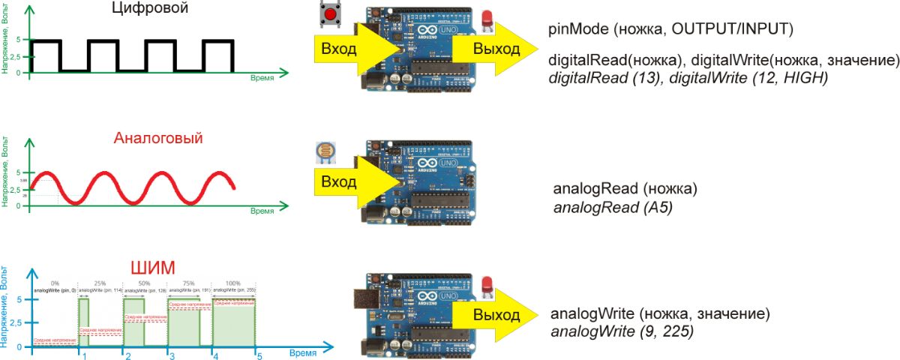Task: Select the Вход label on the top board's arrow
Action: pos(339,49)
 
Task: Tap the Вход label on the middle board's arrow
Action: pos(339,182)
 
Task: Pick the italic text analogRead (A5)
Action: pos(612,205)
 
